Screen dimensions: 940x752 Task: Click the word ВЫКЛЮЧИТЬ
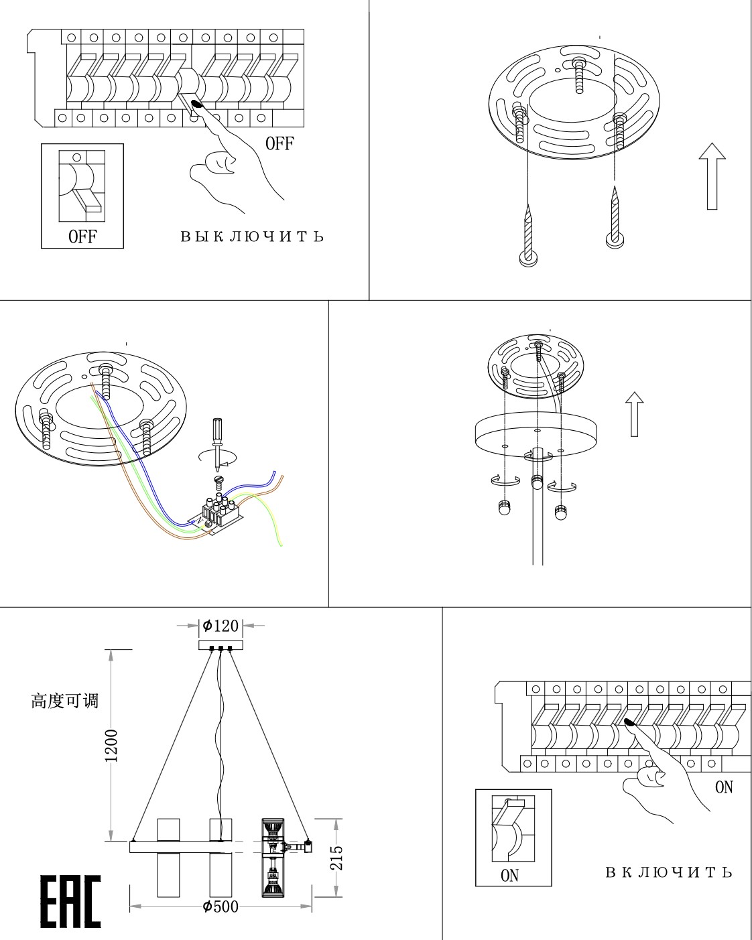(x=252, y=237)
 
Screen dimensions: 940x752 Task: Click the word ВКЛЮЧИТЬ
(x=669, y=872)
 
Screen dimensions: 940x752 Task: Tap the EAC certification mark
(x=70, y=901)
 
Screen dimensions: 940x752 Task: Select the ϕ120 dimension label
(x=221, y=626)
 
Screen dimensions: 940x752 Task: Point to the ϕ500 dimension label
(x=221, y=907)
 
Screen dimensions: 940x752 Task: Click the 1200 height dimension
(x=111, y=745)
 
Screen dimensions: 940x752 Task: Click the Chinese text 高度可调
(x=64, y=701)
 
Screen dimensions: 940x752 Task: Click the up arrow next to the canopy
(x=634, y=414)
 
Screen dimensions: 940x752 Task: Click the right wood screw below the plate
(x=615, y=218)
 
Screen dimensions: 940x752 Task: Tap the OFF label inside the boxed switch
(x=82, y=236)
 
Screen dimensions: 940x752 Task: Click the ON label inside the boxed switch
(x=509, y=875)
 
